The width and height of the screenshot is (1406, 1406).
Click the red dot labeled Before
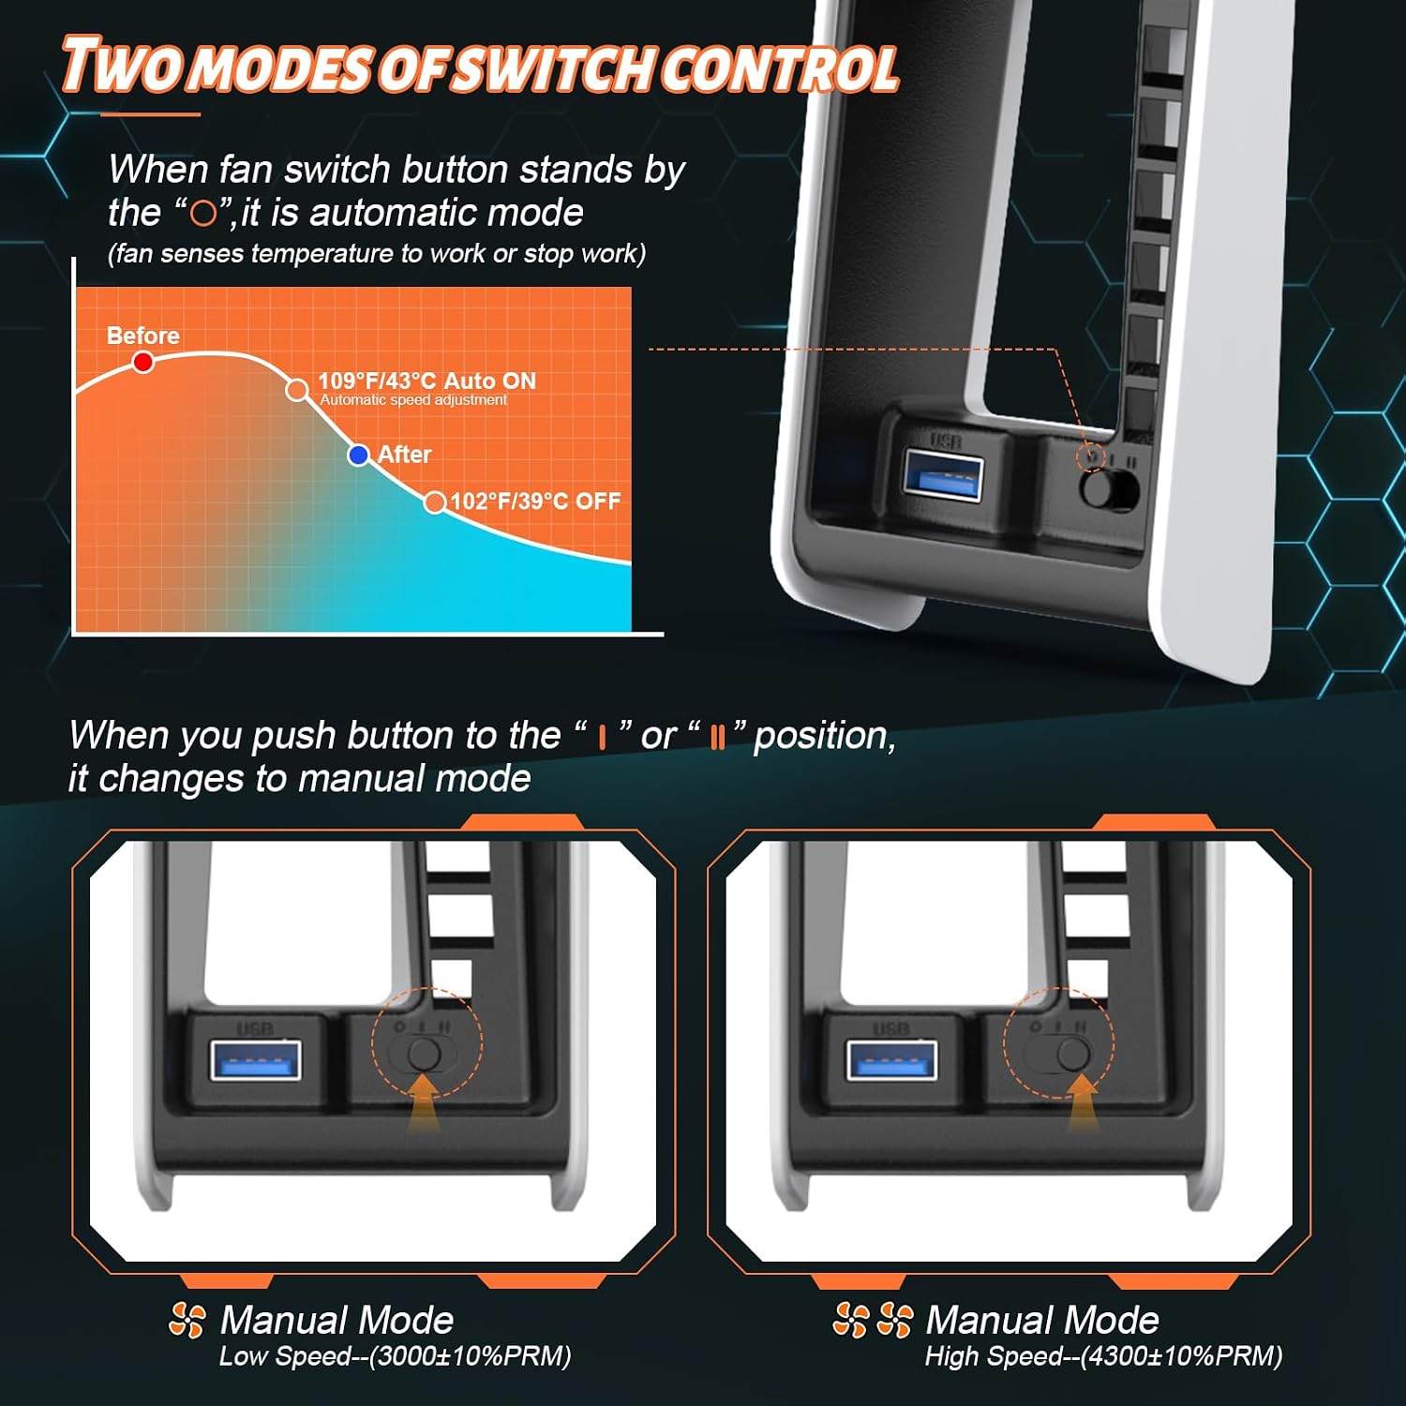coord(142,362)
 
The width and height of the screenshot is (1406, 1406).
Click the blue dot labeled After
coord(358,456)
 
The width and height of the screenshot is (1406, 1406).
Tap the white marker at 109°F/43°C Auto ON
coord(297,390)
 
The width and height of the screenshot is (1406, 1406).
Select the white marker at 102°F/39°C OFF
coord(435,503)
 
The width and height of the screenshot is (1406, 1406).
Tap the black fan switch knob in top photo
coord(1098,488)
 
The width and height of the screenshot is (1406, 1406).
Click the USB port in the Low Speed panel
coord(256,1059)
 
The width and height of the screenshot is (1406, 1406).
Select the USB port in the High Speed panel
coord(891,1059)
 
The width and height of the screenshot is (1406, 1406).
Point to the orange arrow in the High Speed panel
coord(1084,1100)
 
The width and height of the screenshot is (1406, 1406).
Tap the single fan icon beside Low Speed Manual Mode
coord(187,1321)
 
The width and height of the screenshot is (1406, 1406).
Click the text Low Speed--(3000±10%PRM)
coord(395,1356)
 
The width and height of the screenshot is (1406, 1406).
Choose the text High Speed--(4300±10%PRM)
coord(1103,1356)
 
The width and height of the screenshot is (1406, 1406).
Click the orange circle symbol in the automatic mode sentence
coord(203,214)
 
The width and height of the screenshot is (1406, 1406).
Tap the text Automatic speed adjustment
coord(413,400)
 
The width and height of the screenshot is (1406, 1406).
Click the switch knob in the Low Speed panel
coord(425,1054)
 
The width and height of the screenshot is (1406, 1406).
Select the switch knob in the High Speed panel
coord(1072,1054)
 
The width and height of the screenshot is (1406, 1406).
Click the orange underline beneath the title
coord(150,114)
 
